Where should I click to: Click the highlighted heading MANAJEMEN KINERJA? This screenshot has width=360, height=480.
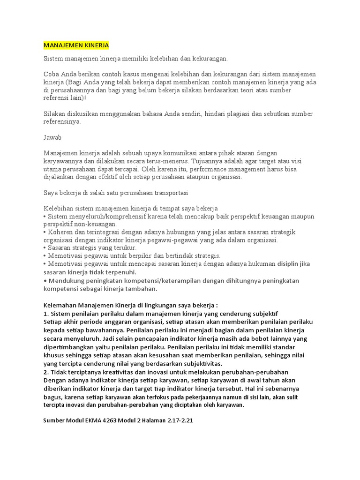76,45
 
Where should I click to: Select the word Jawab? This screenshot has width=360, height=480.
52,138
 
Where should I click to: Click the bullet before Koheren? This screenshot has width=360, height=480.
45,232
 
